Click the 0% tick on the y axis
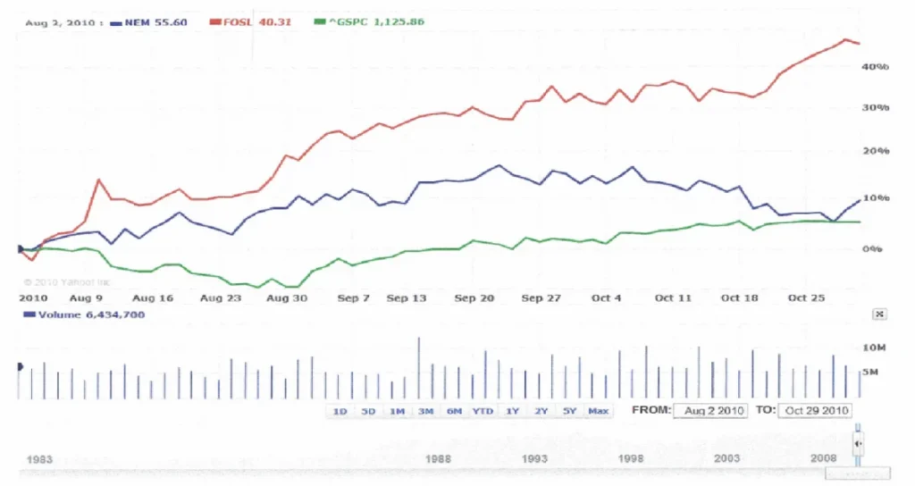873,248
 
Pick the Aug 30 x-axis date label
288,297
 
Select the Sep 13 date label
407,297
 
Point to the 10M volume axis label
873,347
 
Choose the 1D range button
340,411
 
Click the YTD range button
483,411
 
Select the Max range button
598,411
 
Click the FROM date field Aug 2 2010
710,411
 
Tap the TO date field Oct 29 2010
816,411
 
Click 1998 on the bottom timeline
631,458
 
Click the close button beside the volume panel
879,314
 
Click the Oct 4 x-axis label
606,297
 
